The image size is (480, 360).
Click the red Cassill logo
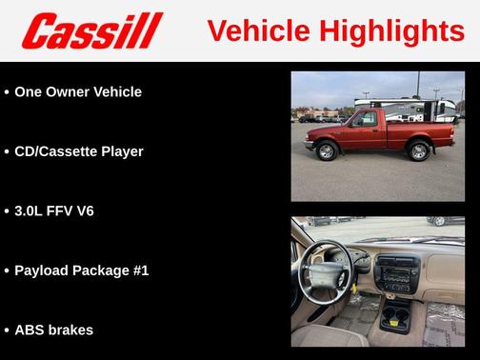pyautogui.click(x=92, y=30)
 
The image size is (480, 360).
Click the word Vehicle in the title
pyautogui.click(x=258, y=31)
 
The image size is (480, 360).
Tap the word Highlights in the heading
pyautogui.click(x=391, y=31)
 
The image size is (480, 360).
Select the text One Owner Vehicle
pyautogui.click(x=78, y=92)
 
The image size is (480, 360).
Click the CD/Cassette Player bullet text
pyautogui.click(x=79, y=151)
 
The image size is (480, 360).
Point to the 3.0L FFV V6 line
pyautogui.click(x=54, y=210)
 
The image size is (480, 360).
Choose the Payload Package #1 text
pyautogui.click(x=82, y=270)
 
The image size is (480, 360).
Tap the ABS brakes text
pyautogui.click(x=54, y=330)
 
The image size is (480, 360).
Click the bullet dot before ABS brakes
pyautogui.click(x=7, y=330)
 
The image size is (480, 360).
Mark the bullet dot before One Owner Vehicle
pyautogui.click(x=7, y=92)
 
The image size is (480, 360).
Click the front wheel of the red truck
pyautogui.click(x=328, y=151)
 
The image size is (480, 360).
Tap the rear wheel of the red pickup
pyautogui.click(x=419, y=151)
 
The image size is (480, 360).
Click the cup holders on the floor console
pyautogui.click(x=393, y=315)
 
